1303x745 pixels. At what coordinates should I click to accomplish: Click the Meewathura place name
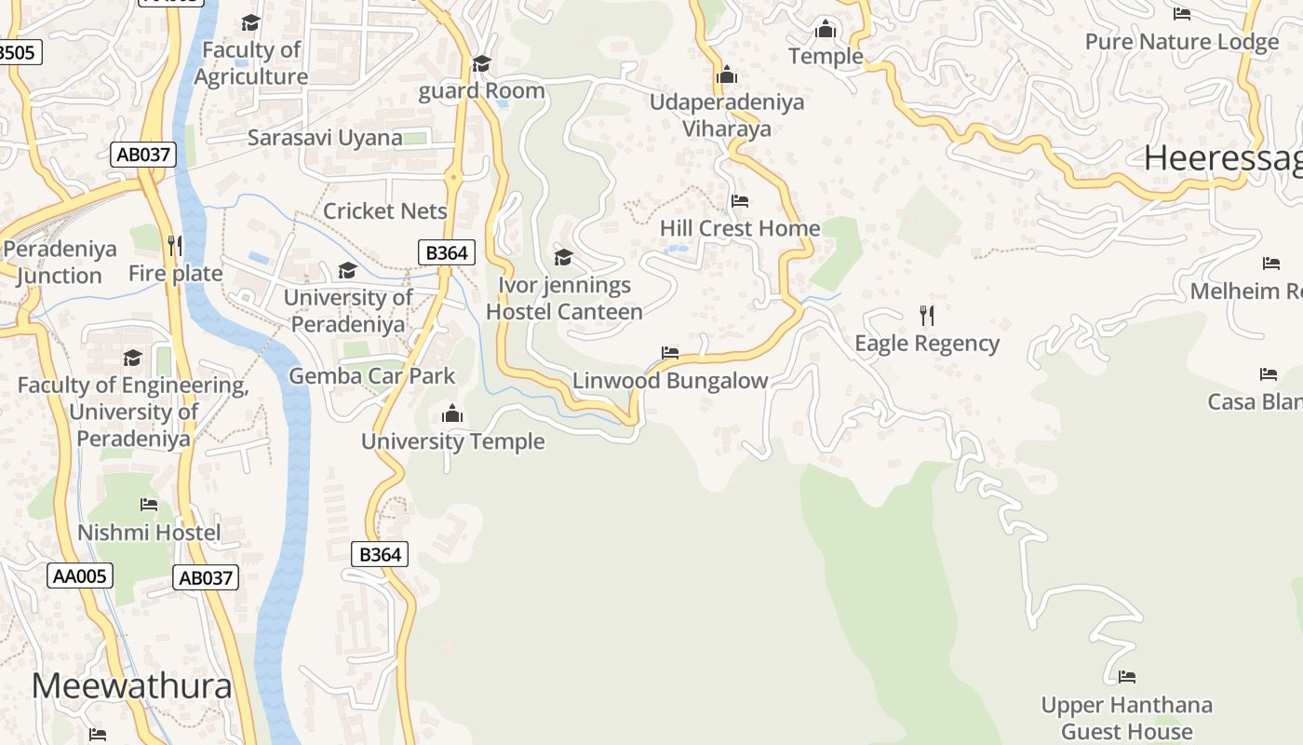(131, 686)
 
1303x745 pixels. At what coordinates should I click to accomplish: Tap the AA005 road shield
(80, 576)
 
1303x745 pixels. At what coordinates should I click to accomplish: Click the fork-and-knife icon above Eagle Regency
(926, 315)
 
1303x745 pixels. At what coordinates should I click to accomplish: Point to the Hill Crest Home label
(740, 228)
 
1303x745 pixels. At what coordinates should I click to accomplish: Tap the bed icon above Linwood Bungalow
(670, 353)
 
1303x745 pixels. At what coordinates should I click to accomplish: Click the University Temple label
(453, 440)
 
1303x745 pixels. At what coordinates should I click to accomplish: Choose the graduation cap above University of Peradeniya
(347, 270)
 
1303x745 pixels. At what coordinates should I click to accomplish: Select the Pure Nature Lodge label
(1182, 42)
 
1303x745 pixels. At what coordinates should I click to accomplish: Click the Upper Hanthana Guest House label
(1127, 718)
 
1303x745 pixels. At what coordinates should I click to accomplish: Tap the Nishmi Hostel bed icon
(149, 505)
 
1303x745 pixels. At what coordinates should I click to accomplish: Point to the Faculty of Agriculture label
(251, 63)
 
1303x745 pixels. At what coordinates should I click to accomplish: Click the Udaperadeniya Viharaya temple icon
(727, 74)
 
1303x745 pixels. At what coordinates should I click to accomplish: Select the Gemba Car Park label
(372, 376)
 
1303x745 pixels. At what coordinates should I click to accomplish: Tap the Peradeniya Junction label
(60, 263)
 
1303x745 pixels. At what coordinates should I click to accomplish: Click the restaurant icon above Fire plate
(174, 245)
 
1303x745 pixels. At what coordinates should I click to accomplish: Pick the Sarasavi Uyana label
(325, 138)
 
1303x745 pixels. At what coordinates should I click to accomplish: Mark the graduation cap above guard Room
(481, 63)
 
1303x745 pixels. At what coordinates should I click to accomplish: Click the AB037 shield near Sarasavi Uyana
(143, 155)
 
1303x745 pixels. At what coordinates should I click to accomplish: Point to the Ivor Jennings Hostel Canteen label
(564, 298)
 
